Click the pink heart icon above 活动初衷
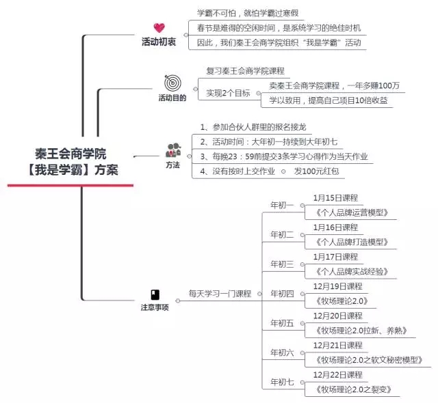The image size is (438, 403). (x=159, y=28)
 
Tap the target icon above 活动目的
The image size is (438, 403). (x=172, y=83)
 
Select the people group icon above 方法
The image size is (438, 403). (x=173, y=150)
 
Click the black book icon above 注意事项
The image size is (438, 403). (x=155, y=295)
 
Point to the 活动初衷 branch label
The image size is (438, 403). (x=159, y=42)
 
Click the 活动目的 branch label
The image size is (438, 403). (x=172, y=98)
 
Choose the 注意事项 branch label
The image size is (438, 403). (x=155, y=307)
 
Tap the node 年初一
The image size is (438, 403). (x=282, y=206)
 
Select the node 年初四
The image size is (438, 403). (x=282, y=294)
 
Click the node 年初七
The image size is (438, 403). (x=282, y=382)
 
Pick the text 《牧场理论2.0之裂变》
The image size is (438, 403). (x=353, y=389)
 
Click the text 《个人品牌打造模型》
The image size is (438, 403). (x=351, y=242)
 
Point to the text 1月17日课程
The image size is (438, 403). (x=335, y=257)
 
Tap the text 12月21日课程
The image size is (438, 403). (x=337, y=346)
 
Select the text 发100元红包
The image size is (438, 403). (x=316, y=171)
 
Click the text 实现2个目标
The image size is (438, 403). (x=228, y=93)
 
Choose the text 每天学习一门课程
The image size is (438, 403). (x=220, y=294)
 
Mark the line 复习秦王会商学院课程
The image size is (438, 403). (x=245, y=71)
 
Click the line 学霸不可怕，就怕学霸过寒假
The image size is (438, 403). (x=248, y=13)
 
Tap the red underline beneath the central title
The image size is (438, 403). (x=70, y=185)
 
